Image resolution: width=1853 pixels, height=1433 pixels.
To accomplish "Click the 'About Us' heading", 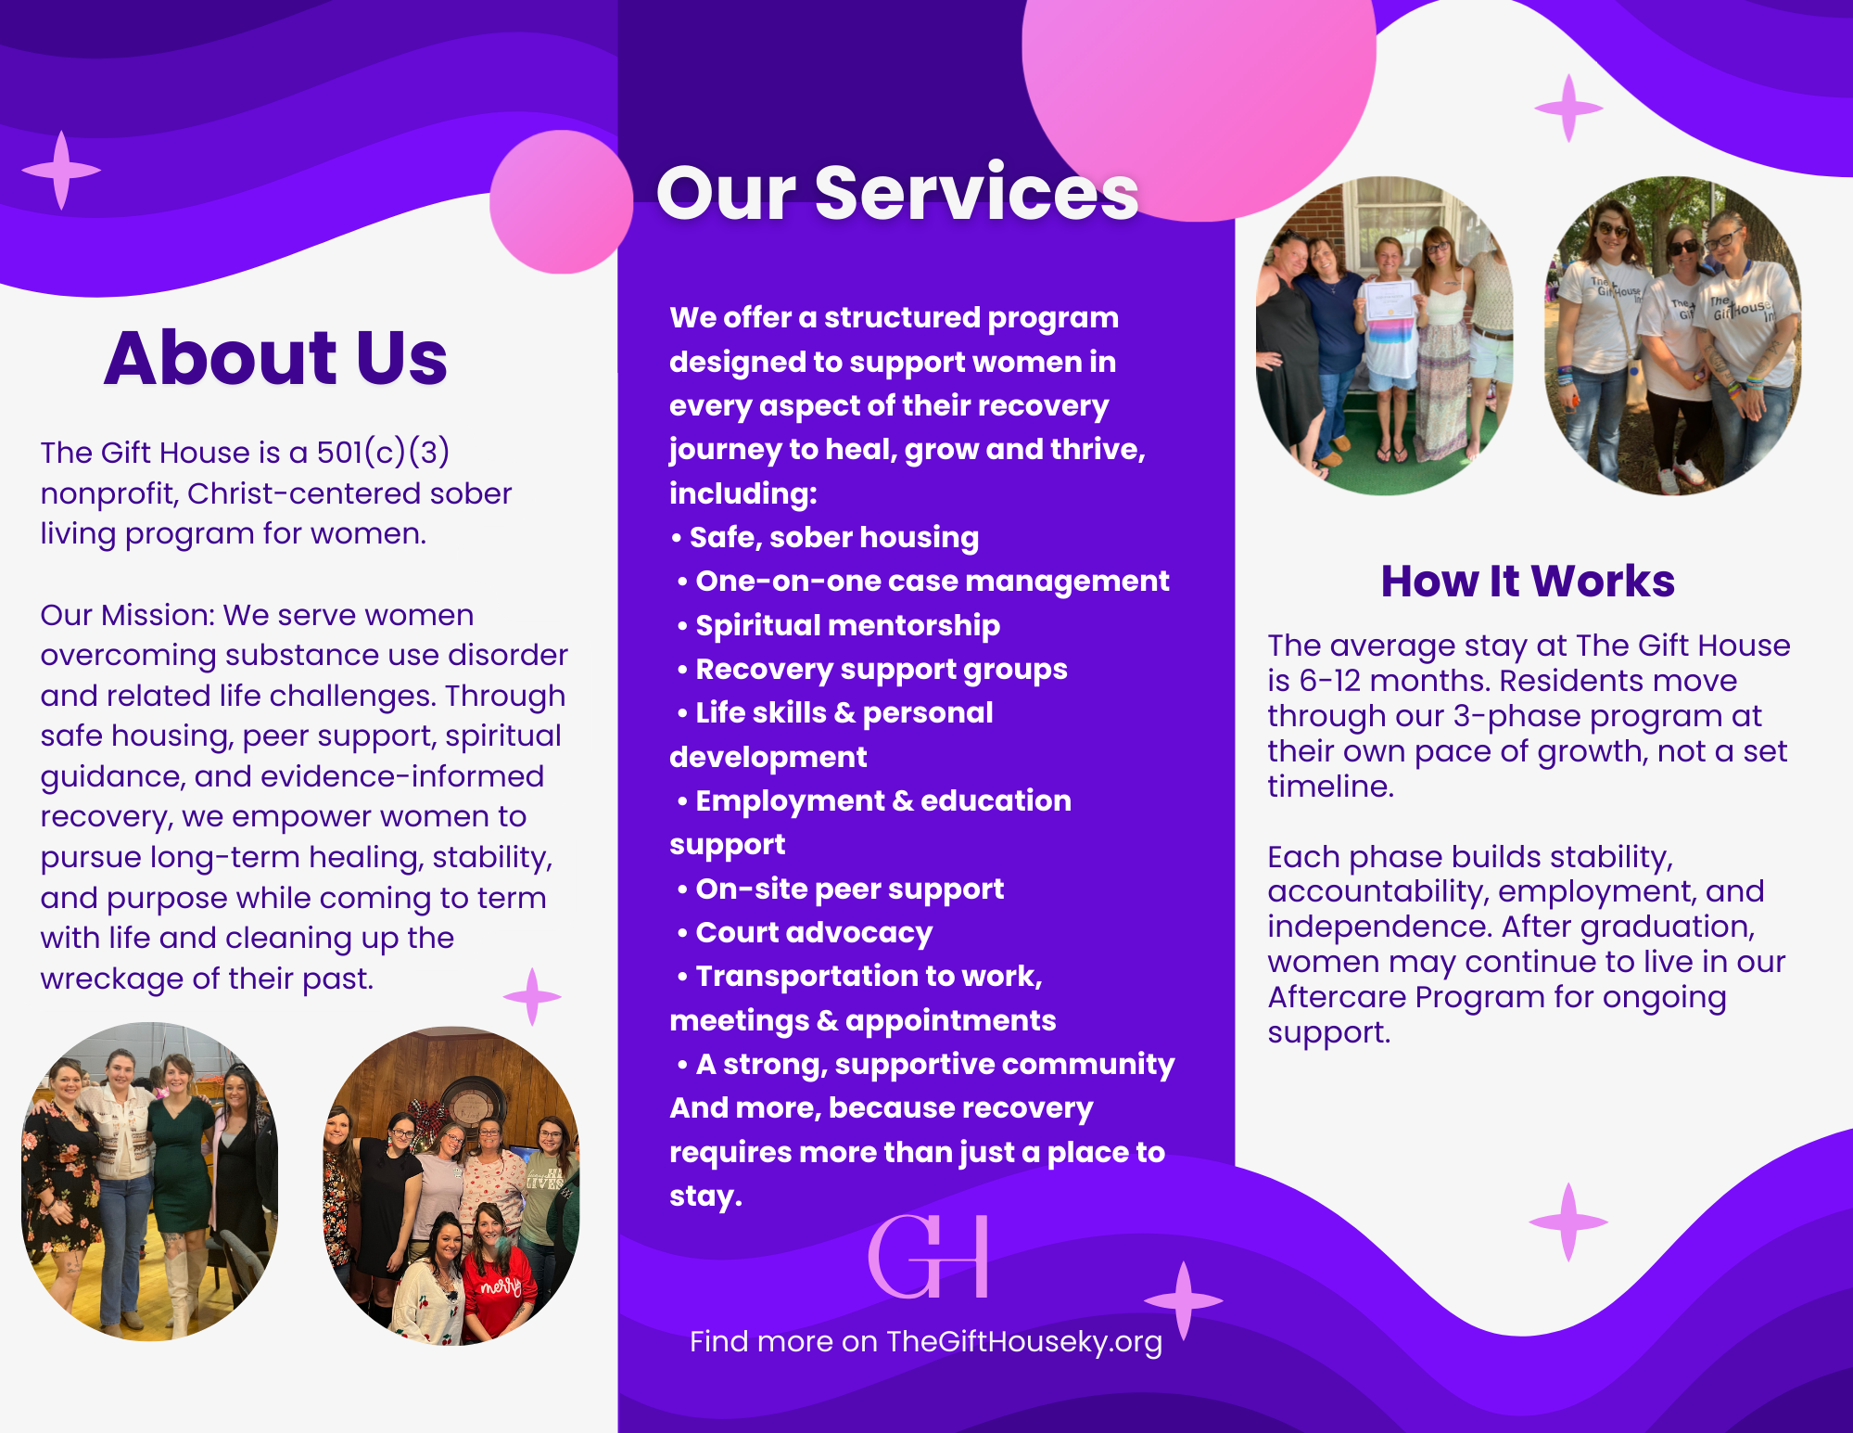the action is tap(275, 358).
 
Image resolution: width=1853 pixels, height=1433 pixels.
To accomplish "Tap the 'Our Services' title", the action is tap(897, 192).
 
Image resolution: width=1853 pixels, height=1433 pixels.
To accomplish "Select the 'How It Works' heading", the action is tap(1528, 582).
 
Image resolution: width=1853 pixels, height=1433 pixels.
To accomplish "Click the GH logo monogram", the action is tap(928, 1256).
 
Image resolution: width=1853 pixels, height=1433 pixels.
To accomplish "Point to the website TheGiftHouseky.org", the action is tap(1023, 1342).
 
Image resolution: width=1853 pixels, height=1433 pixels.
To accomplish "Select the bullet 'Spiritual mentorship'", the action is tap(839, 626).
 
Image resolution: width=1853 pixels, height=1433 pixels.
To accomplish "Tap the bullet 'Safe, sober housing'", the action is tap(824, 538).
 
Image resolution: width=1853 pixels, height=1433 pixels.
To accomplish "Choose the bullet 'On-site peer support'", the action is tap(841, 889).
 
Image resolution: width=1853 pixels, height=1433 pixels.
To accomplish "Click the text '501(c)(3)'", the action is tap(383, 453).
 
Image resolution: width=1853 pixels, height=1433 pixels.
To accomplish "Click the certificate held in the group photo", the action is tap(1388, 301).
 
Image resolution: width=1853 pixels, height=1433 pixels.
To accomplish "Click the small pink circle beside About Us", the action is tap(561, 202).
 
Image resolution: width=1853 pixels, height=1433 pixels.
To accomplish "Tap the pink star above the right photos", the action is tap(1568, 109).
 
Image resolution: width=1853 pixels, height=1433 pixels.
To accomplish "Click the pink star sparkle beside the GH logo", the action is tap(1183, 1300).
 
